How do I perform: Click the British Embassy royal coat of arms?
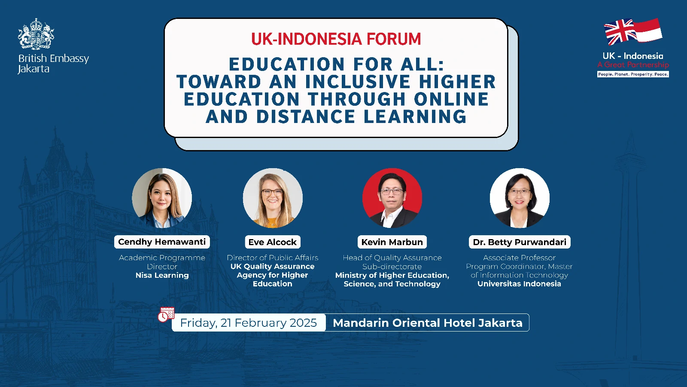pyautogui.click(x=36, y=34)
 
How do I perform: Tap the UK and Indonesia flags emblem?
pyautogui.click(x=633, y=31)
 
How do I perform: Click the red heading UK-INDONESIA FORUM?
pyautogui.click(x=336, y=39)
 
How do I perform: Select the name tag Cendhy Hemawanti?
pyautogui.click(x=162, y=242)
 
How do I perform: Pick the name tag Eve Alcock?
pyautogui.click(x=273, y=242)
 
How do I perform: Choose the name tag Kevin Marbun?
pyautogui.click(x=392, y=242)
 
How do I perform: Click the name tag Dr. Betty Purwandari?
pyautogui.click(x=520, y=242)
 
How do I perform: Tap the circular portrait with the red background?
pyautogui.click(x=392, y=198)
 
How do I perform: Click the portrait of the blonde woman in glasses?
pyautogui.click(x=273, y=198)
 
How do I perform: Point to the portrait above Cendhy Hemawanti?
pyautogui.click(x=162, y=198)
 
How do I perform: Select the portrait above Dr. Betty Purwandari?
pyautogui.click(x=520, y=198)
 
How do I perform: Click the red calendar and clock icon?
pyautogui.click(x=166, y=314)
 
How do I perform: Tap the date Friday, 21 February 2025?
pyautogui.click(x=249, y=323)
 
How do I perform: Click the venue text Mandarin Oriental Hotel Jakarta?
pyautogui.click(x=428, y=323)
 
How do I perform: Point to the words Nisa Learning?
pyautogui.click(x=162, y=275)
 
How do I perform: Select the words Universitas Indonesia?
pyautogui.click(x=519, y=283)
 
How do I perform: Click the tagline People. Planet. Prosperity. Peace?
pyautogui.click(x=633, y=74)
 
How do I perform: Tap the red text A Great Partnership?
pyautogui.click(x=633, y=65)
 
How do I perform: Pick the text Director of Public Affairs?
pyautogui.click(x=273, y=258)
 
